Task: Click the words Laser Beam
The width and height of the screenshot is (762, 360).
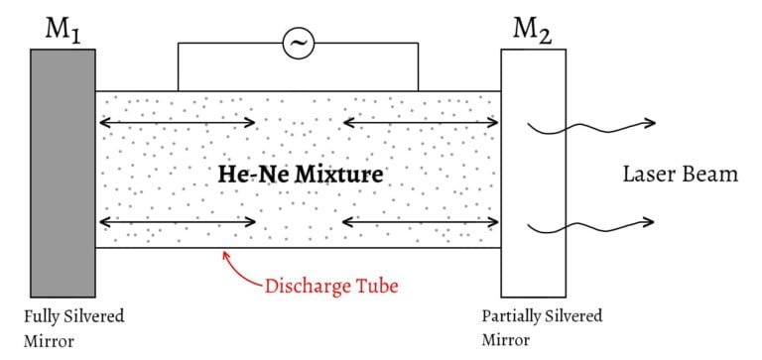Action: (680, 176)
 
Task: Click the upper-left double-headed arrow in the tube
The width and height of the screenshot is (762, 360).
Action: (177, 123)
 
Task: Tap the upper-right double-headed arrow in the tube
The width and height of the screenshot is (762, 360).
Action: (421, 123)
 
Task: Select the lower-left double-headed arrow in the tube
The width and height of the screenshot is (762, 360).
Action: (177, 222)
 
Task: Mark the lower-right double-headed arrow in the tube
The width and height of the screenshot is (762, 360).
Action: (421, 222)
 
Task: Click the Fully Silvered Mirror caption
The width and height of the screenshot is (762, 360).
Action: (74, 330)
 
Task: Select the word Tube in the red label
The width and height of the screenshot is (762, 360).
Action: (377, 288)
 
